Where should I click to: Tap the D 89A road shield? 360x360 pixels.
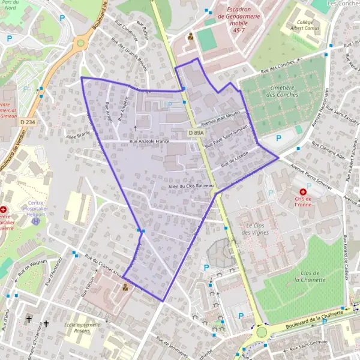click(x=196, y=133)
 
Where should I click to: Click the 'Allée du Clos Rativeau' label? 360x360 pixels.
click(x=191, y=187)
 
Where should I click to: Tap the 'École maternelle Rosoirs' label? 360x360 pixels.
click(x=83, y=328)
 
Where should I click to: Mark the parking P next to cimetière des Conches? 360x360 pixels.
click(x=278, y=139)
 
